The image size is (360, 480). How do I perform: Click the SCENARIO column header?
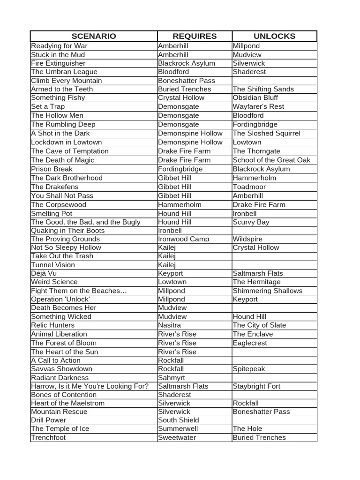[x=93, y=36]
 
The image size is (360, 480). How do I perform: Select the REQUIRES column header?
[x=195, y=36]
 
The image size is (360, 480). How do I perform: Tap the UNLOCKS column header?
[x=274, y=36]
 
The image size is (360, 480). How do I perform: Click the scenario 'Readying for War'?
[x=59, y=46]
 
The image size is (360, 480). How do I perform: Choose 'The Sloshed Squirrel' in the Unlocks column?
[x=266, y=133]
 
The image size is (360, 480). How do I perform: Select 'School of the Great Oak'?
[x=271, y=160]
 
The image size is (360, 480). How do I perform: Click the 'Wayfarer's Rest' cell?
[x=258, y=106]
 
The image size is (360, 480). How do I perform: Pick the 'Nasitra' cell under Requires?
[x=169, y=325]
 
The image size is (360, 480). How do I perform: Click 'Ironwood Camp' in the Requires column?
[x=183, y=239]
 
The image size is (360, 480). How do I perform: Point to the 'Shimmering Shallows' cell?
[x=267, y=291]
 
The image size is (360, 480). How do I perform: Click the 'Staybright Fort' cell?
[x=256, y=386]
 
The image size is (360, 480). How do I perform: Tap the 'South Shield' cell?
[x=179, y=420]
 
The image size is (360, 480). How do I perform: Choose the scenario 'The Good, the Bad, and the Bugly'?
[x=86, y=222]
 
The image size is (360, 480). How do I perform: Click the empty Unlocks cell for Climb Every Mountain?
[x=274, y=81]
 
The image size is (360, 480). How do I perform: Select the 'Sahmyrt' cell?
[x=172, y=378]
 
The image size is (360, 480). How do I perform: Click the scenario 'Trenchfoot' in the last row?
[x=48, y=437]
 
